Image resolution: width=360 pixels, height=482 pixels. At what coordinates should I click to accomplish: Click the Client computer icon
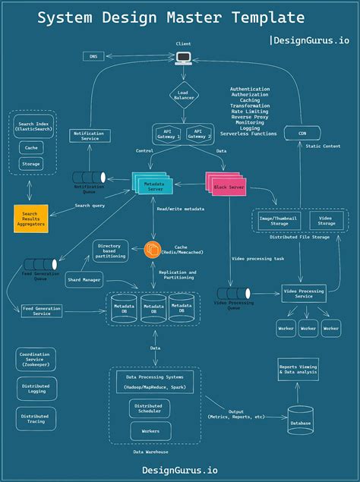tap(183, 58)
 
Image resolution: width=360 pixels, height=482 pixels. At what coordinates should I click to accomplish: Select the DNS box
tap(94, 56)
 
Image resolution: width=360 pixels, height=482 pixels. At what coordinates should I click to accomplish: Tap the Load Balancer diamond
tap(183, 96)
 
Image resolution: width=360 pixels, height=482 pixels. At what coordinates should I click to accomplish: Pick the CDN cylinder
tap(301, 133)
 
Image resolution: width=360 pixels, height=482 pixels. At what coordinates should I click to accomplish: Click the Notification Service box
tap(89, 136)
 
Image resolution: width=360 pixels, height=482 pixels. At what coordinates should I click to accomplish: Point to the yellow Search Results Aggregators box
tap(31, 219)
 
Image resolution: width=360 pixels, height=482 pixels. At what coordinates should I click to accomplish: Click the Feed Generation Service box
tap(42, 310)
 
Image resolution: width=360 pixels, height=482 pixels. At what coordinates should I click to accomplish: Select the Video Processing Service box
tap(303, 292)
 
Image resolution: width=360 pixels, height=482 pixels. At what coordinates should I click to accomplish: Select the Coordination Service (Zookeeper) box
tap(36, 359)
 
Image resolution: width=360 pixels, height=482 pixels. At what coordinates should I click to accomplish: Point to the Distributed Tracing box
tap(36, 419)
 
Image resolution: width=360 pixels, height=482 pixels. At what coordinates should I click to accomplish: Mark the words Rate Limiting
tap(249, 110)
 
